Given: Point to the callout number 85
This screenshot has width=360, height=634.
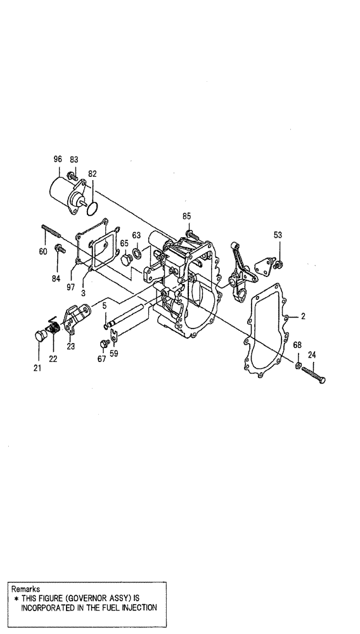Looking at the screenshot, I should coord(186,217).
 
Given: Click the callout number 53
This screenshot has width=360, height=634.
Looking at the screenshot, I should coord(278,235).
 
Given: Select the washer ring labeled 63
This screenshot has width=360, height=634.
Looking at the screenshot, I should coord(138,256).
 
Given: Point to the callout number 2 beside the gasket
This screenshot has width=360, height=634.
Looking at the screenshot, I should coord(304,315).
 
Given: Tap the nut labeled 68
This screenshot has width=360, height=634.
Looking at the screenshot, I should coord(297,365).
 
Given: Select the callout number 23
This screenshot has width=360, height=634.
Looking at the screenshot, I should coord(70,346).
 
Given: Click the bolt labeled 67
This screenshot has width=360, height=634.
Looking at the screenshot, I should coord(103,344).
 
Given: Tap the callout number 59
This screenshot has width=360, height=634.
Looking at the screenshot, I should coord(113,354).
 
